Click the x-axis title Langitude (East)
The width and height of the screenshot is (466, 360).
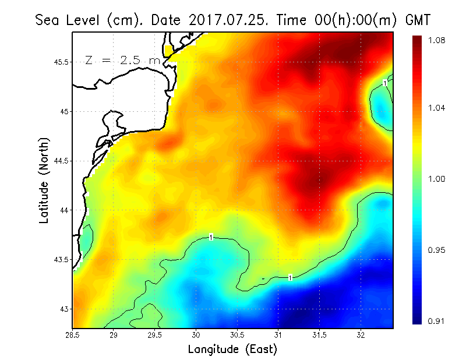(x=232, y=350)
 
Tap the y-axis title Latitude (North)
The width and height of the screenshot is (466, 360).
(x=44, y=181)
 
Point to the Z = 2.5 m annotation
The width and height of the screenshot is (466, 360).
(x=122, y=59)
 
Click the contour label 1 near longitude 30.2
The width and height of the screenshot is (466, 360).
(x=211, y=237)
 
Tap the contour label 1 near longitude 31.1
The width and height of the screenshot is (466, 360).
(x=290, y=277)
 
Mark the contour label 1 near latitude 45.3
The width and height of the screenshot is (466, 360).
(x=385, y=83)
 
